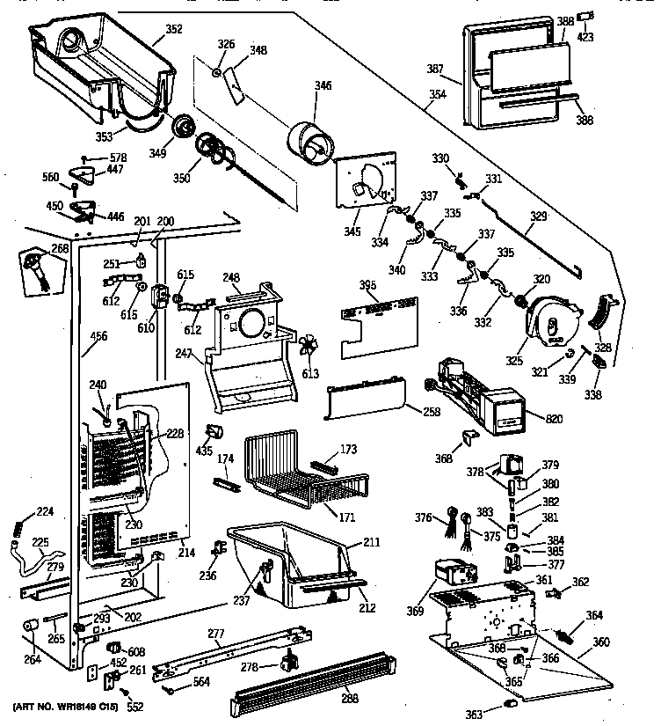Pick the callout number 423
[x=585, y=38]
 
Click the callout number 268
[x=59, y=249]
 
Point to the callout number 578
[x=118, y=158]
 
